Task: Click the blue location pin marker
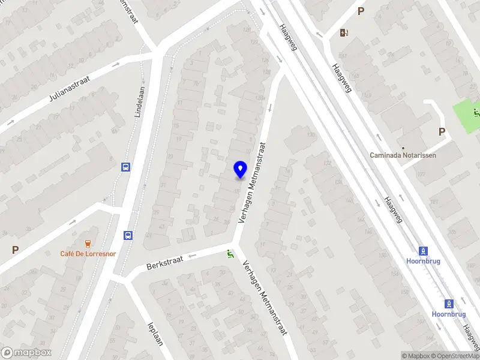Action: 240,170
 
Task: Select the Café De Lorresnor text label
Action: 88,253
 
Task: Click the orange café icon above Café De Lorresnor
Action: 88,243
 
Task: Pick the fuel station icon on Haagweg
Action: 343,33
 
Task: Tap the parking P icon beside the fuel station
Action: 361,11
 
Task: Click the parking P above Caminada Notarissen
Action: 442,132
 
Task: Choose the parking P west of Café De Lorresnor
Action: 15,250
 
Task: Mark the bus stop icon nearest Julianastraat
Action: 126,167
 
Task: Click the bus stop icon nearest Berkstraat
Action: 127,235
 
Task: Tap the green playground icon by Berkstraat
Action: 229,254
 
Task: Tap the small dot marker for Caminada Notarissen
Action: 403,147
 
